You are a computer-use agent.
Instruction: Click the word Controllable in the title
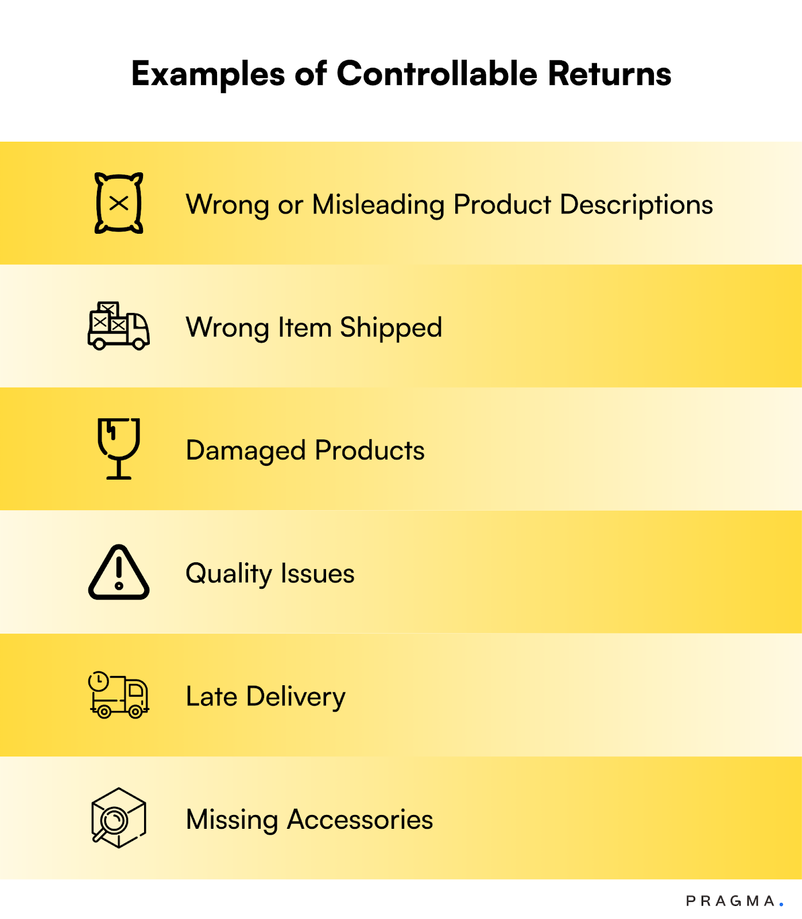pos(436,74)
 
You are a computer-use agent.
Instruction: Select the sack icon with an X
pos(119,203)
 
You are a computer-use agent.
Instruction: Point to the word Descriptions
pos(636,205)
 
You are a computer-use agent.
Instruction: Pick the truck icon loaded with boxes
pos(119,326)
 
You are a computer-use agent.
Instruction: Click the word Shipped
pos(391,328)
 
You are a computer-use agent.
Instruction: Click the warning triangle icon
pos(119,573)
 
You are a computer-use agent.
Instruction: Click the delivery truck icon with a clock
pos(119,695)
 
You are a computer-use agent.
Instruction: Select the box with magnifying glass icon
pos(119,818)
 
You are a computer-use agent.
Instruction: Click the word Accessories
pos(360,820)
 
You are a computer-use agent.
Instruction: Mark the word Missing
pos(232,820)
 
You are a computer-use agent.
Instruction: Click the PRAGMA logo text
pos(731,901)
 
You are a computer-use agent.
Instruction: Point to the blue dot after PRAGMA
pos(781,905)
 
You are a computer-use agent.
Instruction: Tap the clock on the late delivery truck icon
pos(98,681)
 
